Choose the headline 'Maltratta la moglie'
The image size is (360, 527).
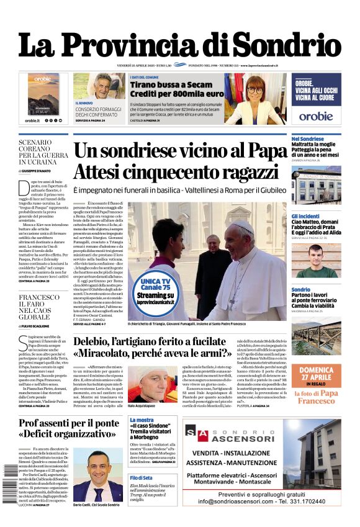[x=314, y=145]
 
